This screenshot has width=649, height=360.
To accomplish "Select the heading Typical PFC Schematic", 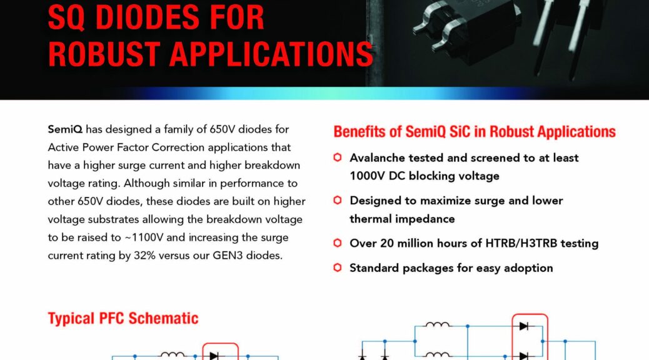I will [x=123, y=318].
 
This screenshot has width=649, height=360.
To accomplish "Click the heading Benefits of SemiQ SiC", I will [x=474, y=132].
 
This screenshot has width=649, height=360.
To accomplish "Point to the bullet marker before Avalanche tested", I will [x=338, y=157].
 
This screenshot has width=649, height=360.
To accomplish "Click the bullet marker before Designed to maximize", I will [x=338, y=201].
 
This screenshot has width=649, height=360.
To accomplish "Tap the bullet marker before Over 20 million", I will [x=338, y=243].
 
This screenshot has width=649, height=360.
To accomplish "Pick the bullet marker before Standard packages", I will [x=338, y=268].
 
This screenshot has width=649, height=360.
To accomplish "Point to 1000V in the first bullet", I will [x=367, y=176].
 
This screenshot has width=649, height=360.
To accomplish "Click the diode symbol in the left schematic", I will [x=214, y=356].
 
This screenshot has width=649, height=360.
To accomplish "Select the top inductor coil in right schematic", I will [x=438, y=325].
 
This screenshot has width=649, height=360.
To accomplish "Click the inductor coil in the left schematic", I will [x=173, y=355].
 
